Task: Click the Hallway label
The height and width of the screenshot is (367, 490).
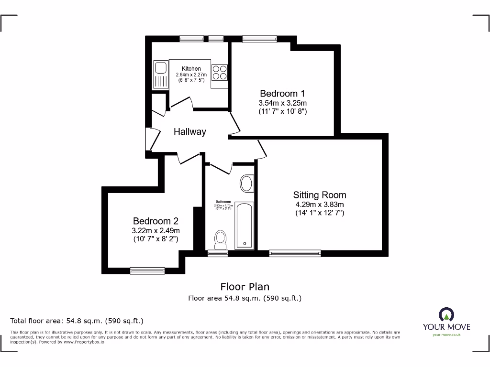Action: point(189,132)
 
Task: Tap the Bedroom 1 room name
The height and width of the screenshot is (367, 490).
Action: point(282,93)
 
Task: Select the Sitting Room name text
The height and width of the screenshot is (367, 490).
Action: point(320,195)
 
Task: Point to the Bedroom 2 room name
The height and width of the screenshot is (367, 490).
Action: point(156,221)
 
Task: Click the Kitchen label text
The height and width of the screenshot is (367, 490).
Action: point(191,69)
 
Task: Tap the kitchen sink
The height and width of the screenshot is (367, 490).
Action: point(159,75)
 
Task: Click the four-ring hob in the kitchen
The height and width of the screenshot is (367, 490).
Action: point(220,73)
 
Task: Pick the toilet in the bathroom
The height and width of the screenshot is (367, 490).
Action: point(221,239)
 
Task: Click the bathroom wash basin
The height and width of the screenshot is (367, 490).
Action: point(247,183)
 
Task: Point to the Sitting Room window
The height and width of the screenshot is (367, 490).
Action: point(295,253)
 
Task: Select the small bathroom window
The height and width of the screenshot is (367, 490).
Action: point(218,253)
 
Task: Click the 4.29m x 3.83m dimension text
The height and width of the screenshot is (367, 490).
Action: point(320,205)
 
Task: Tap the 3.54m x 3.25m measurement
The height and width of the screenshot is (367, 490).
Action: point(282,103)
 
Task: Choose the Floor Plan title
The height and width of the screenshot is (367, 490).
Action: point(245,287)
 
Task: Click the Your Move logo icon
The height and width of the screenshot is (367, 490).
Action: point(446,314)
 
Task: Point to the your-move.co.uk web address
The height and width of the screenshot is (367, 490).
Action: point(446,335)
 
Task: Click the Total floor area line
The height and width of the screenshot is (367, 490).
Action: point(77,321)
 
